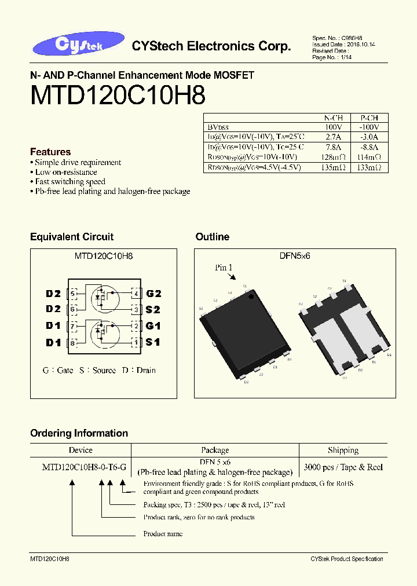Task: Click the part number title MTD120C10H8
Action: point(118,96)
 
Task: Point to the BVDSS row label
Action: point(218,127)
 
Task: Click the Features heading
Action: point(50,152)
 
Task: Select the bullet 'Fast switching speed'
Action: point(70,182)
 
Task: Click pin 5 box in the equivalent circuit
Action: point(72,294)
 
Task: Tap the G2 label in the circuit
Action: point(153,294)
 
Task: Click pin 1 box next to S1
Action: point(136,343)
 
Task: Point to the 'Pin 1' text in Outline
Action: point(224,268)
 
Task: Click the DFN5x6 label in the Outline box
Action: point(295,255)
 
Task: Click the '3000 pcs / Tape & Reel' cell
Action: point(343,467)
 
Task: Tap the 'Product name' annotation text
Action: point(163,533)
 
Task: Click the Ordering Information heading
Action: point(79,433)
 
